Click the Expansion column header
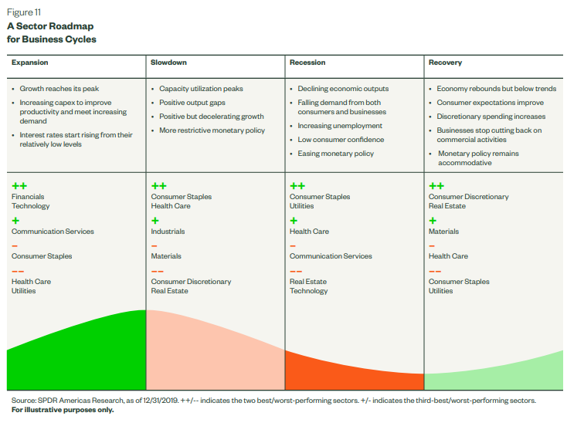29,63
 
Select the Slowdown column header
168,63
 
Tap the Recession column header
307,63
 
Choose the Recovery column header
445,63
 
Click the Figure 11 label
24,13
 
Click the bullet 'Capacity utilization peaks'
201,89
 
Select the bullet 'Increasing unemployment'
340,126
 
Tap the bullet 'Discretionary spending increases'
491,117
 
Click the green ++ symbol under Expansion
19,186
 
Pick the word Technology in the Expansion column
31,206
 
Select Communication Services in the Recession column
331,256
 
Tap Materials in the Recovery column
443,232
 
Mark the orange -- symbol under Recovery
436,271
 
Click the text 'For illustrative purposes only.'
63,410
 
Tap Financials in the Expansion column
28,197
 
